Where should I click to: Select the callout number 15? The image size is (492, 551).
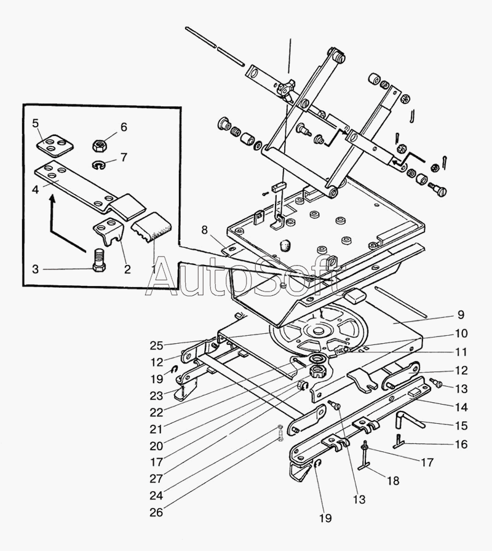coord(461,425)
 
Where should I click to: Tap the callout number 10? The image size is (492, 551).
coord(461,334)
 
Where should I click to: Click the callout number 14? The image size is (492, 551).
coord(461,406)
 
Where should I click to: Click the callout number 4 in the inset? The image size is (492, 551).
coord(36,189)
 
